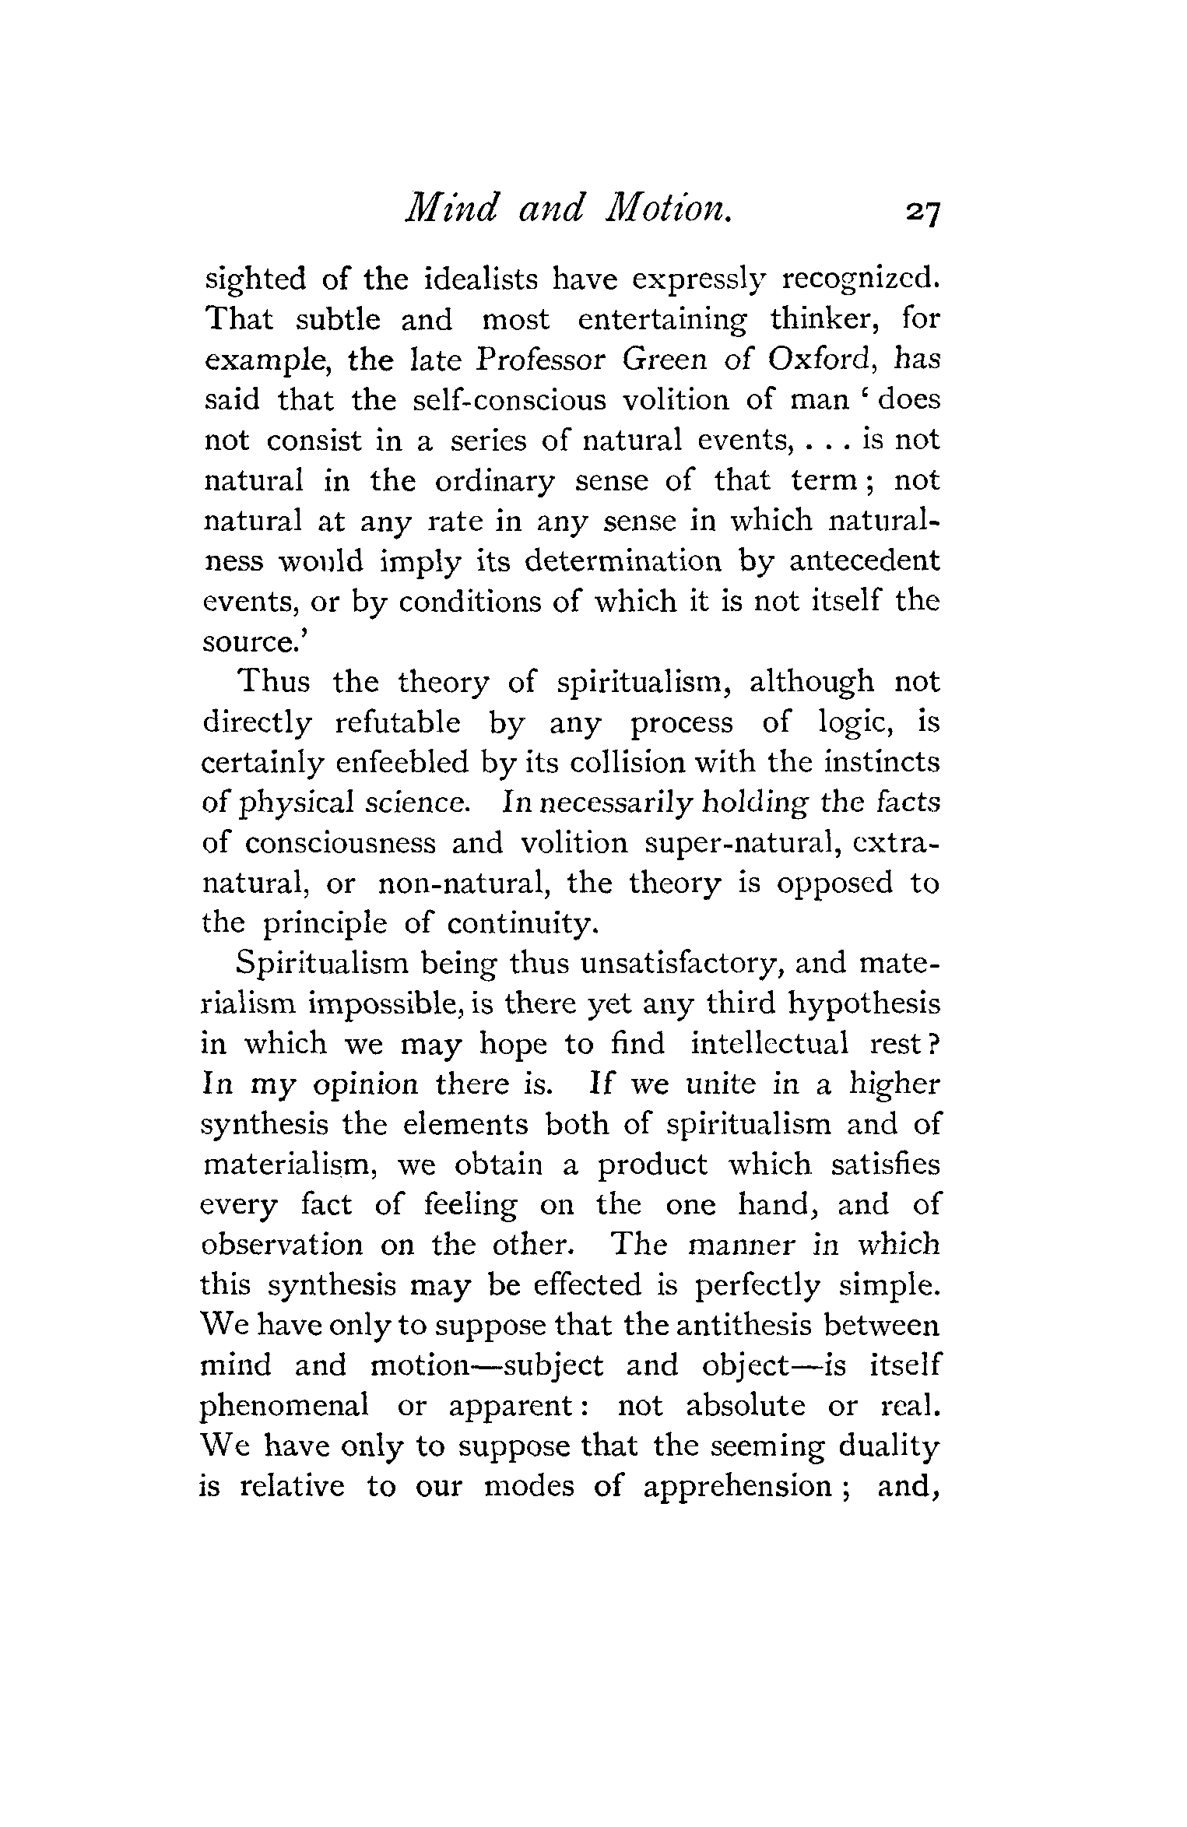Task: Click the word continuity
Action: point(522,923)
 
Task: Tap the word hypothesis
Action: point(864,1004)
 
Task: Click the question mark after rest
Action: point(934,1044)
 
